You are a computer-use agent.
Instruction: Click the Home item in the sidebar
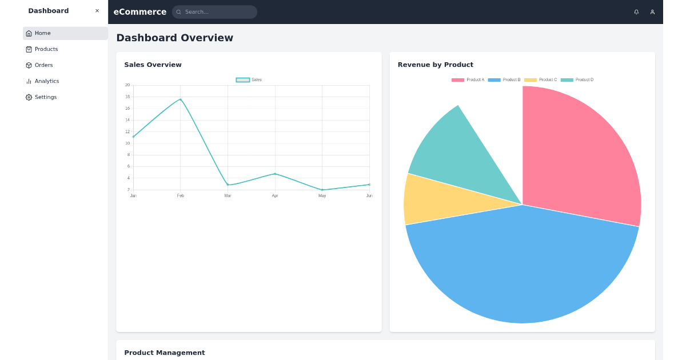coord(42,33)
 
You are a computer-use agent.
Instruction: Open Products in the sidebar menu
coord(46,49)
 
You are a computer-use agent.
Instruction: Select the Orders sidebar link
coord(43,65)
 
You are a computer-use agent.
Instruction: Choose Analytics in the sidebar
coord(46,81)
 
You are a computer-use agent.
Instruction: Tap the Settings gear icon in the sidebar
coord(29,97)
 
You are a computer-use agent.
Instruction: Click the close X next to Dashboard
coord(97,11)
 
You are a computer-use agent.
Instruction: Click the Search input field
coord(217,12)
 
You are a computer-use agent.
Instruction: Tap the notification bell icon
coord(636,12)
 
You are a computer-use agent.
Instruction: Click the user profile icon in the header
coord(652,12)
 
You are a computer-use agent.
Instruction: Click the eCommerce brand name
coord(140,12)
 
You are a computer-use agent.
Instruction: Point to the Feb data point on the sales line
coord(181,99)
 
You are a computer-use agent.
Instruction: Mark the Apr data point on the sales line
coord(275,174)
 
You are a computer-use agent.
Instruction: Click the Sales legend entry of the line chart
coord(249,80)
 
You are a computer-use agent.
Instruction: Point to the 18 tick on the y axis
coord(127,97)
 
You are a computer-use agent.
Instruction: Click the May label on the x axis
coord(322,196)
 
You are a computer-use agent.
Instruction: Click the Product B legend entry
coord(505,80)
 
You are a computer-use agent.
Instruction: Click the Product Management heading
coord(165,353)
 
